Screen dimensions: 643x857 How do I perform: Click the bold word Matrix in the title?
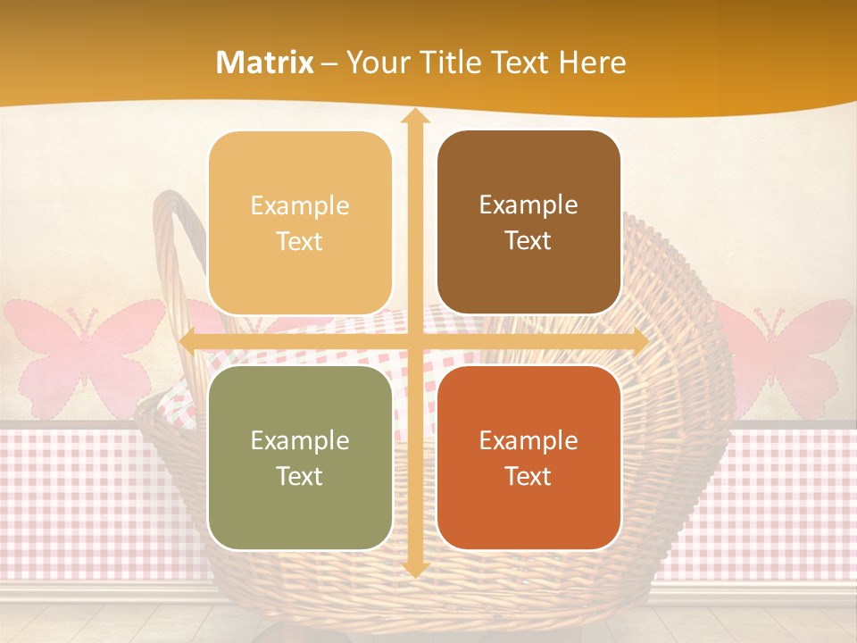265,63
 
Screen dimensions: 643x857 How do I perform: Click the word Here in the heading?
592,63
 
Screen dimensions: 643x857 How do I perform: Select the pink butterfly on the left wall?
85,353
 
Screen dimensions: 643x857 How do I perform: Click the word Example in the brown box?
528,205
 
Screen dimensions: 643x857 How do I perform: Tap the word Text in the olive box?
300,476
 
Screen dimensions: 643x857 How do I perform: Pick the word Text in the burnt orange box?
528,476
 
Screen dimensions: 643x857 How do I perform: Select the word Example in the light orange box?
300,205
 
